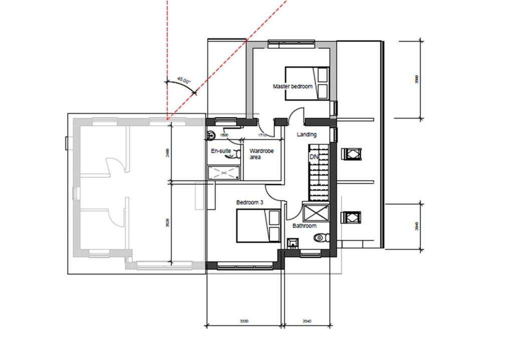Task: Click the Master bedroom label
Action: pos(292,87)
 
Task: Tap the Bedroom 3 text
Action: pos(249,203)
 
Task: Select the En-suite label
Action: pos(221,150)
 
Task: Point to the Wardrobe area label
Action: pos(262,154)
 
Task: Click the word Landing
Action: pos(307,135)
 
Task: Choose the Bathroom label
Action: pos(305,226)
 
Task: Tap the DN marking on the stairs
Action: pos(314,157)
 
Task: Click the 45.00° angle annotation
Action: pos(184,80)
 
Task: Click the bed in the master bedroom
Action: pos(307,83)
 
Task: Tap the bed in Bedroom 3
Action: pos(258,226)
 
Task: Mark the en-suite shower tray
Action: pos(224,173)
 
